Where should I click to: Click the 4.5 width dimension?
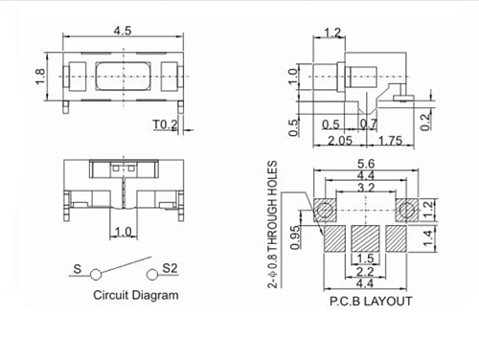[x=122, y=30]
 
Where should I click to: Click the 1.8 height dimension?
[x=41, y=78]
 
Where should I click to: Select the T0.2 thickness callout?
[x=166, y=124]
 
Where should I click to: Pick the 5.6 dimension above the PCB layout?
[x=365, y=164]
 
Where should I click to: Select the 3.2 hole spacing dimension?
[x=365, y=189]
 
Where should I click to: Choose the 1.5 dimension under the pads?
[x=365, y=259]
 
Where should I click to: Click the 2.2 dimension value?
[x=365, y=272]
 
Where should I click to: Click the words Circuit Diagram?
[x=135, y=295]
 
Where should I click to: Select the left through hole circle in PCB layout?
[x=326, y=209]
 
